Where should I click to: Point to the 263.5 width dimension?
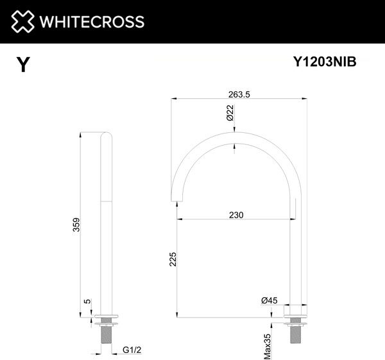coord(238,94)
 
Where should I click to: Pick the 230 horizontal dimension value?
coord(236,215)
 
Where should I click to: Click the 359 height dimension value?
coord(76,225)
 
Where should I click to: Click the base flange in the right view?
coord(296,315)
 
